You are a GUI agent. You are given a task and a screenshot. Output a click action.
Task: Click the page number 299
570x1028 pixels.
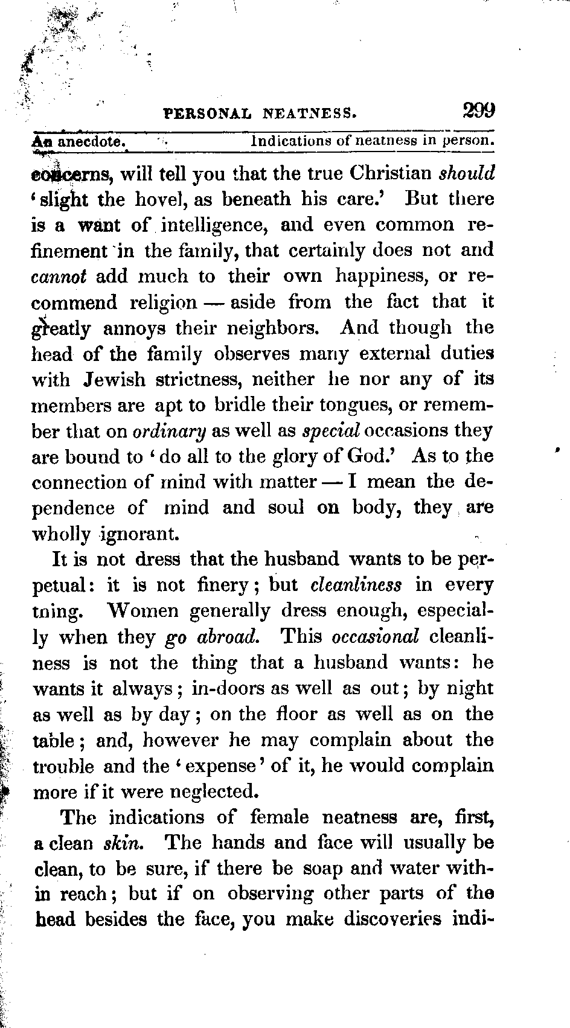pos(479,111)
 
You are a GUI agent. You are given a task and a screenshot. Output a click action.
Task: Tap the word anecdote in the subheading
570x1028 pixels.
pos(91,142)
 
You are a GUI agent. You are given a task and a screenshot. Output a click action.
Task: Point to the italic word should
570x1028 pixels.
pos(467,174)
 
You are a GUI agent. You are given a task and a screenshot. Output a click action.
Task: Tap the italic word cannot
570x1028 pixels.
pos(59,277)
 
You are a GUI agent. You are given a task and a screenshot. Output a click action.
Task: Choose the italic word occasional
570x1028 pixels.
pos(376,637)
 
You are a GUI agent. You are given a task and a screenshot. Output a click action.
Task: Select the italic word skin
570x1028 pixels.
pos(123,843)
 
